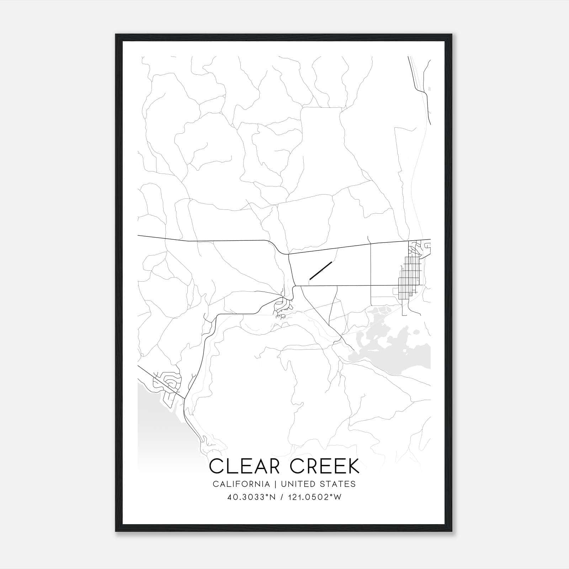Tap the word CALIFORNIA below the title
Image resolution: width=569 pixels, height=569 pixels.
pos(241,484)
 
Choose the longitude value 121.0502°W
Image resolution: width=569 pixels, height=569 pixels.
pos(316,497)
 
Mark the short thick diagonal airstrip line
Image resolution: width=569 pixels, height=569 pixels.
pos(321,271)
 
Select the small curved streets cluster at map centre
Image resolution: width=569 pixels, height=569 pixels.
pos(283,309)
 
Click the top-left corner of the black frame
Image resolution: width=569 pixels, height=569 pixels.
pos(116,35)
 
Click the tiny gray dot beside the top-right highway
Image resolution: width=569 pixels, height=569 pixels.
pos(430,89)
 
